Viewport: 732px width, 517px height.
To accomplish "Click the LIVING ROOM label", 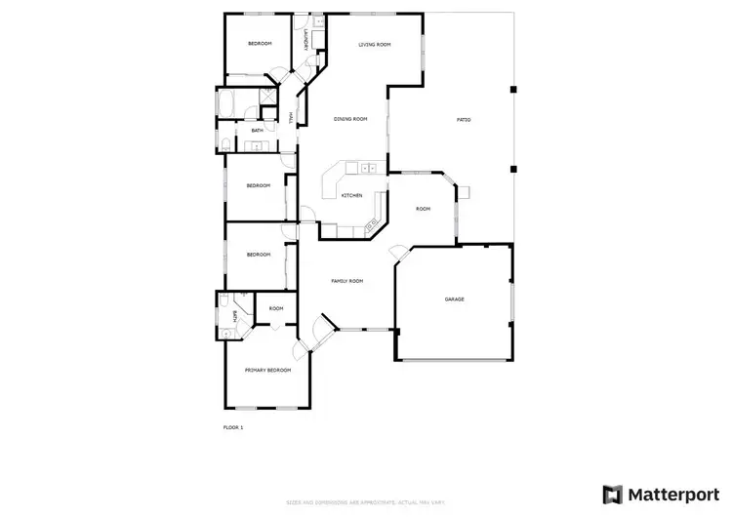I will pyautogui.click(x=374, y=44).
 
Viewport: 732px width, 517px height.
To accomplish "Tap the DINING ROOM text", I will pyautogui.click(x=350, y=119).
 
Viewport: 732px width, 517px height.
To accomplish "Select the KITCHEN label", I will pyautogui.click(x=351, y=195).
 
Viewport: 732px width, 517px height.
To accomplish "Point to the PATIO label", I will pyautogui.click(x=464, y=120).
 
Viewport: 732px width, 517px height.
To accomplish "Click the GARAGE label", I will pyautogui.click(x=454, y=299).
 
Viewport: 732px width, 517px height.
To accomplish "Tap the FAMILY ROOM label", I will pyautogui.click(x=347, y=281).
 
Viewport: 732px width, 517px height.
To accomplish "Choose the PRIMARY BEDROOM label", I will pyautogui.click(x=267, y=371).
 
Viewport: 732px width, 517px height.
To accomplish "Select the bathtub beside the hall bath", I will pyautogui.click(x=232, y=101).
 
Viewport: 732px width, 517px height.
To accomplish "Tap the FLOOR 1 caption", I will pyautogui.click(x=233, y=427).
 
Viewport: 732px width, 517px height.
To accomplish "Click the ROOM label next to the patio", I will pyautogui.click(x=423, y=209).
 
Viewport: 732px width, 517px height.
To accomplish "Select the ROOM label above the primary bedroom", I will pyautogui.click(x=276, y=308).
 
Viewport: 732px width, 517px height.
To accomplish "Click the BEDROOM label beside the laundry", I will pyautogui.click(x=259, y=44).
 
